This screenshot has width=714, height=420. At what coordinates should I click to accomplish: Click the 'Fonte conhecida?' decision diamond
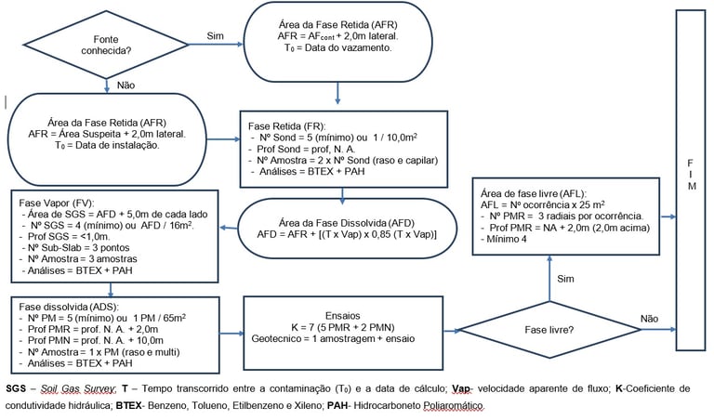pyautogui.click(x=106, y=45)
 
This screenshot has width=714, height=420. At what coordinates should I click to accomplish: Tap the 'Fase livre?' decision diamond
pyautogui.click(x=549, y=330)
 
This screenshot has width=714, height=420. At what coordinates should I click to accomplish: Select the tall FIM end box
pyautogui.click(x=691, y=180)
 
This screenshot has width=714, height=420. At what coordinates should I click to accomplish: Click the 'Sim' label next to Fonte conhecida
pyautogui.click(x=216, y=36)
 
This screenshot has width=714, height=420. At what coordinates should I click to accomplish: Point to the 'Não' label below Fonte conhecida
pyautogui.click(x=126, y=85)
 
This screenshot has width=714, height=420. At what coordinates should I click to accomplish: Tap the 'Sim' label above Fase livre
pyautogui.click(x=565, y=279)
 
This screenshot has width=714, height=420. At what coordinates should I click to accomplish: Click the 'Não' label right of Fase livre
pyautogui.click(x=649, y=319)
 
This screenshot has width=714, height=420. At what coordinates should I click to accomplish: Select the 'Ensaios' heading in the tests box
pyautogui.click(x=343, y=316)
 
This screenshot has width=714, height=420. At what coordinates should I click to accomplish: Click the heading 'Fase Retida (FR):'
pyautogui.click(x=287, y=126)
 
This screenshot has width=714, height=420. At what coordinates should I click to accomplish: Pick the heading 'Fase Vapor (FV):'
pyautogui.click(x=57, y=203)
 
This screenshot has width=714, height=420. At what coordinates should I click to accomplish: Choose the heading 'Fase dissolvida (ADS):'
pyautogui.click(x=68, y=307)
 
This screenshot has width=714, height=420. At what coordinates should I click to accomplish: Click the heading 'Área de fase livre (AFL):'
pyautogui.click(x=534, y=193)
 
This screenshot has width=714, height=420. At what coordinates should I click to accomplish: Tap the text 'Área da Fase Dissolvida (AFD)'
pyautogui.click(x=347, y=223)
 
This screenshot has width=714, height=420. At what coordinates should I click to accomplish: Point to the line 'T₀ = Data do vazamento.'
pyautogui.click(x=337, y=47)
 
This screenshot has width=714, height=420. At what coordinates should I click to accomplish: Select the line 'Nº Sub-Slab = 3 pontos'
pyautogui.click(x=75, y=247)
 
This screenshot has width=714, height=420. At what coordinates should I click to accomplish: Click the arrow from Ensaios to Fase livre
pyautogui.click(x=452, y=331)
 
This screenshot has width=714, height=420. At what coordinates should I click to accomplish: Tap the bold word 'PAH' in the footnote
pyautogui.click(x=337, y=405)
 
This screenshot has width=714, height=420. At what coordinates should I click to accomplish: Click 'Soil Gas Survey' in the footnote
pyautogui.click(x=78, y=388)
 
